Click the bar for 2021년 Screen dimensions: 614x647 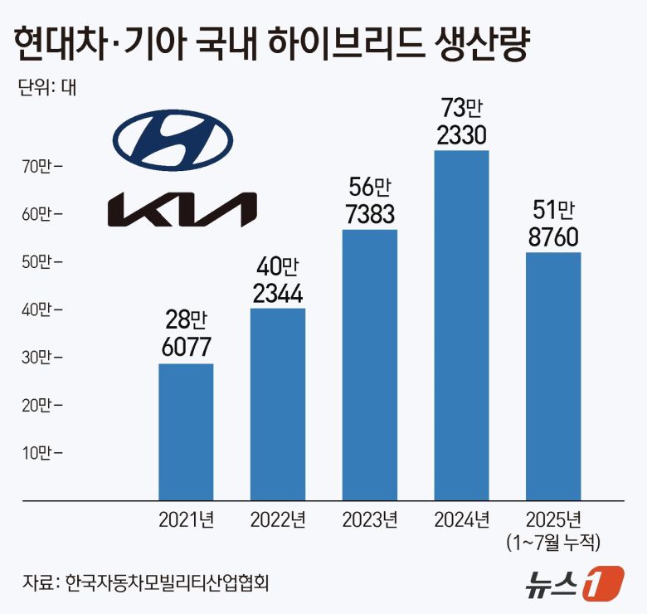186,431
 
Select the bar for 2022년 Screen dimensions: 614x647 278,404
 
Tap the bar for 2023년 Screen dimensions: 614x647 370,365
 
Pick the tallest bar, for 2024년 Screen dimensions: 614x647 462,325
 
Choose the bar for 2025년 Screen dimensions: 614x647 553,376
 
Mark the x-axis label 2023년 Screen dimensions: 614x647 370,520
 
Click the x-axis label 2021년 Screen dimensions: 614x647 186,520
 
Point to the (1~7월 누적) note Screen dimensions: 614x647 553,542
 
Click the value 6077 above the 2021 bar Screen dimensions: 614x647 186,348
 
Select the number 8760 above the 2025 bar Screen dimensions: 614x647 553,236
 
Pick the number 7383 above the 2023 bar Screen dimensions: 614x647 370,213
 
